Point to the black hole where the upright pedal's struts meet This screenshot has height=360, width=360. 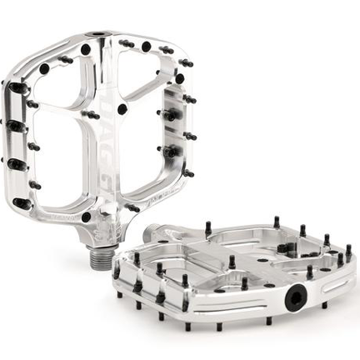point(122,109)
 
